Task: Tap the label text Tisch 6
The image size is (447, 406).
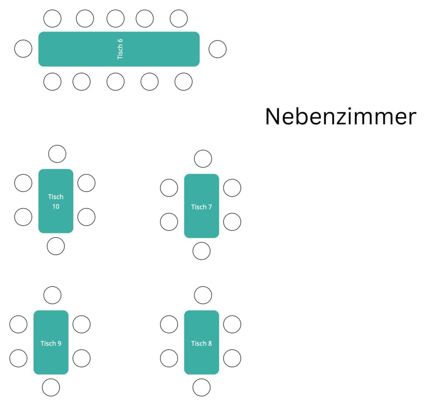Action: [120, 49]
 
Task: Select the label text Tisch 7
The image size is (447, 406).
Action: [202, 207]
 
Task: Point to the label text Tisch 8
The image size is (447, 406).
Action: [202, 343]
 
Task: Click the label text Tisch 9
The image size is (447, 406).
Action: [51, 343]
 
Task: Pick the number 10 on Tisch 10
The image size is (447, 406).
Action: [56, 206]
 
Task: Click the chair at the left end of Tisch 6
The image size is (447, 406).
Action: [23, 49]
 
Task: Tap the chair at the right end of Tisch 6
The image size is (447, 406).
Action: [217, 49]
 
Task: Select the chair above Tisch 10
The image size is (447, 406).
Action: [57, 154]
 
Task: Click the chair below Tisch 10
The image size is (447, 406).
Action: [55, 246]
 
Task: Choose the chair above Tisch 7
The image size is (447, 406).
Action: [203, 159]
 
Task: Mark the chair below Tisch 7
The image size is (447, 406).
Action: [202, 251]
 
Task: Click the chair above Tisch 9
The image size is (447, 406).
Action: [52, 295]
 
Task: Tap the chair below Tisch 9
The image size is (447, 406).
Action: [51, 387]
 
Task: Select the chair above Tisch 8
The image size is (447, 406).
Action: [203, 295]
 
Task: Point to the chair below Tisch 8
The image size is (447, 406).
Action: [202, 387]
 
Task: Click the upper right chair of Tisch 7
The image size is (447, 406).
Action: [232, 188]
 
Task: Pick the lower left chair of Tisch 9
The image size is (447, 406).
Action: [18, 358]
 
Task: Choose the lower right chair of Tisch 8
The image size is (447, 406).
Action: [232, 358]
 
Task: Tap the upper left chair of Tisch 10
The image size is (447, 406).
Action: [23, 183]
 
